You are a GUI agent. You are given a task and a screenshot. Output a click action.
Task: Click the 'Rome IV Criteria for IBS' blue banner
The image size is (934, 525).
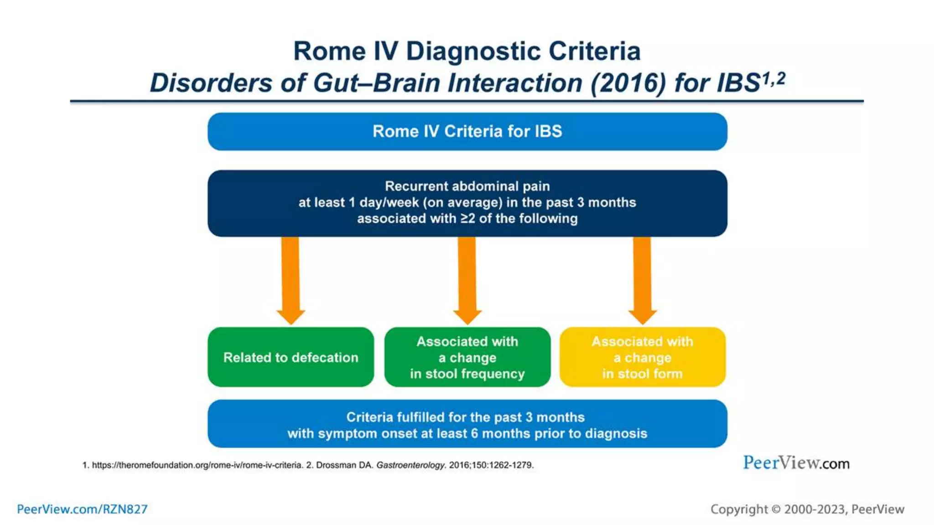point(467,131)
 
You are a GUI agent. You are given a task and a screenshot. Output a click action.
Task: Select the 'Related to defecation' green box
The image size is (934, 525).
point(291,357)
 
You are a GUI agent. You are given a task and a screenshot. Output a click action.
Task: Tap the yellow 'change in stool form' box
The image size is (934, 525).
point(642,357)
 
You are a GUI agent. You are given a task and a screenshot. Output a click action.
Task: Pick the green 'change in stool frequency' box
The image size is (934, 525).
point(467,357)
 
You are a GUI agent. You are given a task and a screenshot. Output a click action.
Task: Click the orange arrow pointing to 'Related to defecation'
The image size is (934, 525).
point(291,278)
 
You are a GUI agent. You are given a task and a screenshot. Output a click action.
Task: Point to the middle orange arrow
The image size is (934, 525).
point(467,278)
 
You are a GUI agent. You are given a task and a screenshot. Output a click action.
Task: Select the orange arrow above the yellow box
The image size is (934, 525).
point(642,278)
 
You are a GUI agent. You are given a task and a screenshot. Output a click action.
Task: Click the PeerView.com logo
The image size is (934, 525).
point(796,463)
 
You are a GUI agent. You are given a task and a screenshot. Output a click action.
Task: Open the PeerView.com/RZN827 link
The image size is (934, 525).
point(82,509)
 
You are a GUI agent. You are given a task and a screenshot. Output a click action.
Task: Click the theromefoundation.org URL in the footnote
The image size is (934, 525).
point(197,465)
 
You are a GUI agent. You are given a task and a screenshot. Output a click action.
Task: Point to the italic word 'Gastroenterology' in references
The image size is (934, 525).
point(410,465)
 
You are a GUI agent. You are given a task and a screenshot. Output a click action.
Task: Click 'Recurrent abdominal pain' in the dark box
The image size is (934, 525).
point(467,186)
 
